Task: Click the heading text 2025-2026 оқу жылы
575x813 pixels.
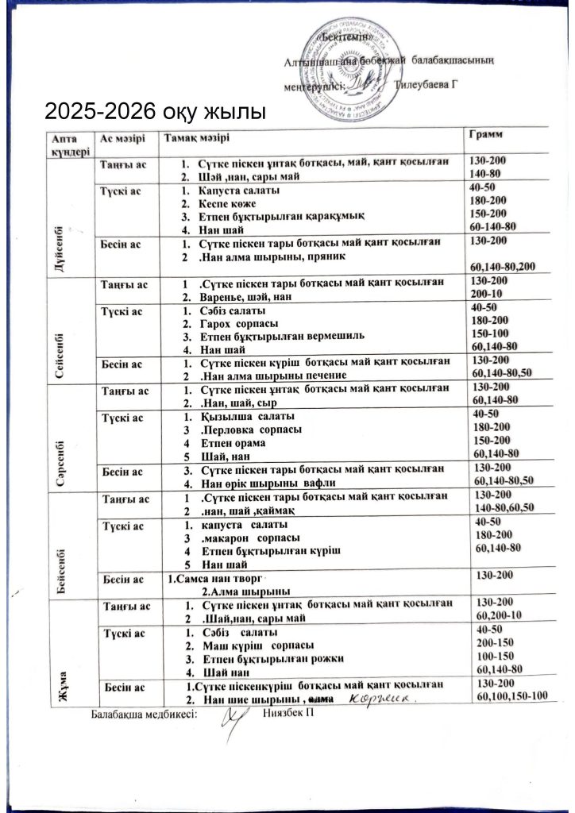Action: [153, 110]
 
